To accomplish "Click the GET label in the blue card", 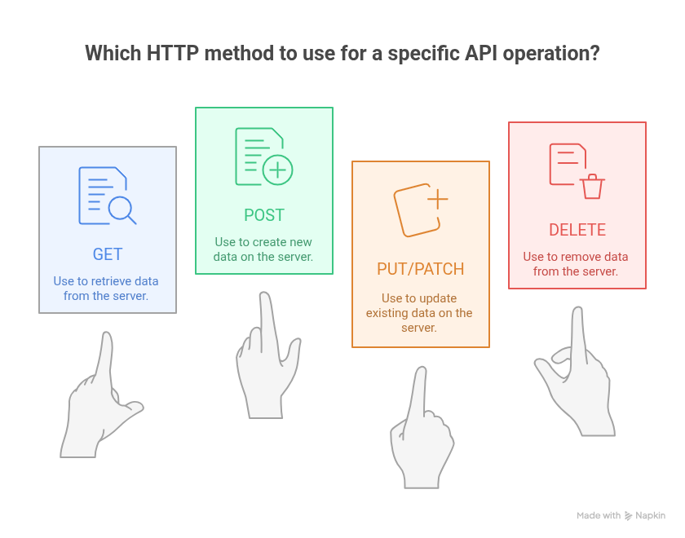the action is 108,254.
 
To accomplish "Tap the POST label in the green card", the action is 264,215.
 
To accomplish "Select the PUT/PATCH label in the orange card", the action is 420,269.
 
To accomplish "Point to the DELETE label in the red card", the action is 577,230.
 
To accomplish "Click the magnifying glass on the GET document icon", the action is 122,210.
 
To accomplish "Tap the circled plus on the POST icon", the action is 277,170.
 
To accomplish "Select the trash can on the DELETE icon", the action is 592,187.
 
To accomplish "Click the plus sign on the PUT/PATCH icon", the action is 438,200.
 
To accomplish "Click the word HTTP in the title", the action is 173,53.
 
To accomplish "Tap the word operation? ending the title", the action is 551,54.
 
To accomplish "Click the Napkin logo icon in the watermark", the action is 628,516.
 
